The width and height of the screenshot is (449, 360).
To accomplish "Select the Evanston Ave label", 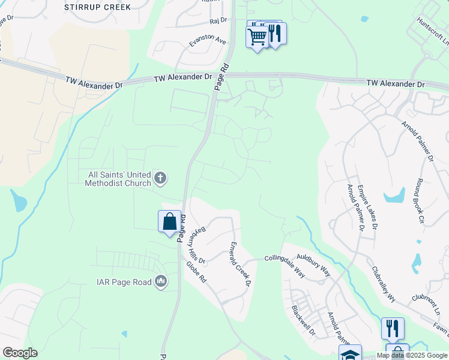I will click(x=207, y=41).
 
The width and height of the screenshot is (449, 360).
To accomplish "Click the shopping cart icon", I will click(x=258, y=37).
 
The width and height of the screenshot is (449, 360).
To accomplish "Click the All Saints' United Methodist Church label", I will click(x=117, y=178).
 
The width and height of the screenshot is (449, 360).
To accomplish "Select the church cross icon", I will click(x=160, y=178).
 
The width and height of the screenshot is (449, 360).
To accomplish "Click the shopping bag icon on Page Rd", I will click(x=170, y=221).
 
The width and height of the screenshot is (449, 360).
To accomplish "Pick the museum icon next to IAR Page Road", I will click(x=161, y=281).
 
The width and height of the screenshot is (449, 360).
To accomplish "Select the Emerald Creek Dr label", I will click(x=239, y=263).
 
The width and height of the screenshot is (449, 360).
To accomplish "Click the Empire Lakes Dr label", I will click(x=368, y=207).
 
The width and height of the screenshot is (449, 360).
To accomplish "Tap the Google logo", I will click(x=20, y=353).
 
